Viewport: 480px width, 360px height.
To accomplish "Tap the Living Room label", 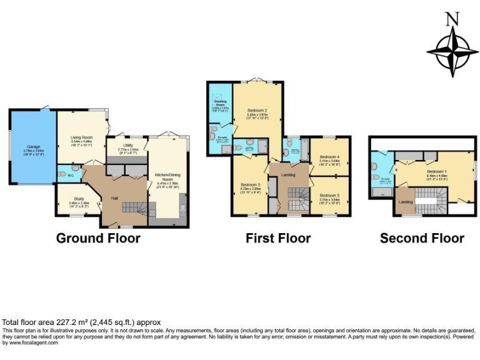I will pyautogui.click(x=81, y=137).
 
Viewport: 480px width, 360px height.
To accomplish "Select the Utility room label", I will pyautogui.click(x=127, y=144).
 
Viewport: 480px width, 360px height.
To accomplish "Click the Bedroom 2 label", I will pyautogui.click(x=257, y=111).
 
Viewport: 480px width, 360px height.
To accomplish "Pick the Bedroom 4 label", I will pyautogui.click(x=329, y=156).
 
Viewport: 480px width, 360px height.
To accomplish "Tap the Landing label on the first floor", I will pyautogui.click(x=288, y=174).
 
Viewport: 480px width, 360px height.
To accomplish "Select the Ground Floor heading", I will pyautogui.click(x=98, y=238).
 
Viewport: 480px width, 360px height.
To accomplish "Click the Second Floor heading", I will pyautogui.click(x=422, y=238).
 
